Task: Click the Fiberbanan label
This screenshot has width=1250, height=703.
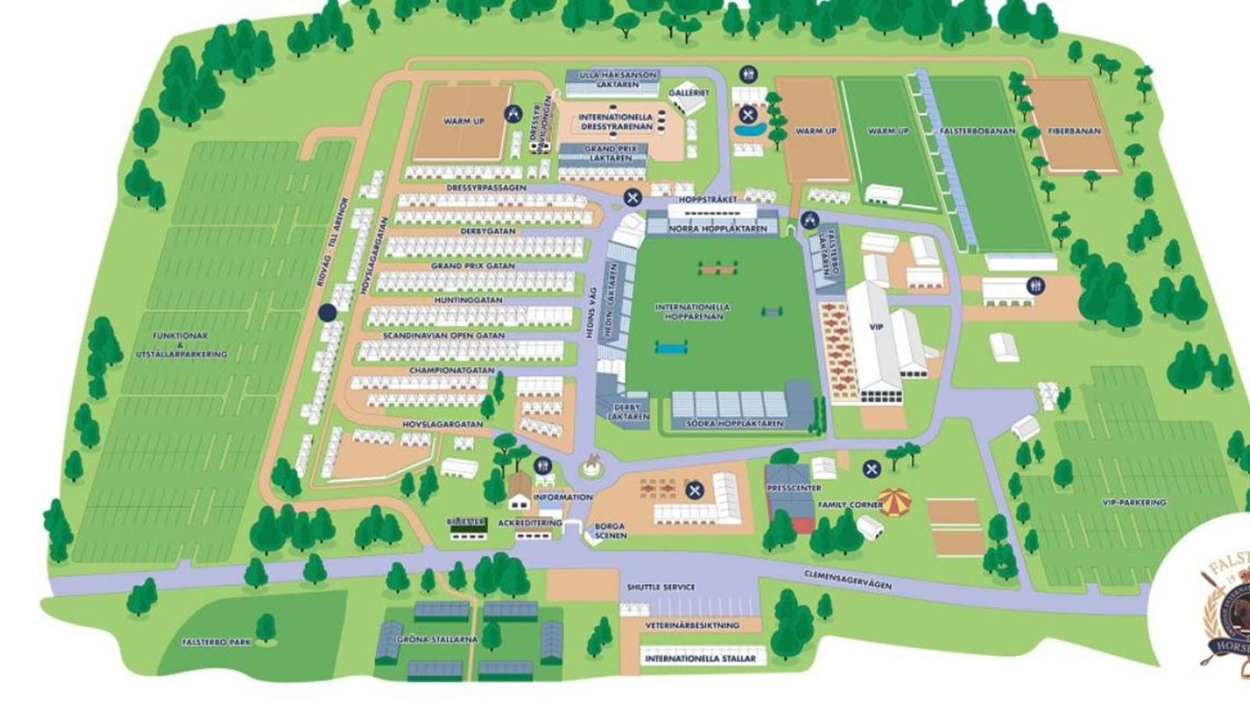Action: click(x=1073, y=131)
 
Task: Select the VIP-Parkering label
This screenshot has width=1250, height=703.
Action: click(x=1133, y=502)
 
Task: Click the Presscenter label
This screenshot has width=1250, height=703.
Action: click(x=794, y=488)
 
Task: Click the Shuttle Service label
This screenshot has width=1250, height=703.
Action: click(x=661, y=587)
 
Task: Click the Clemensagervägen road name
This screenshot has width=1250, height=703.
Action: click(x=848, y=579)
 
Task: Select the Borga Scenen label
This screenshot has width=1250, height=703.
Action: click(x=610, y=531)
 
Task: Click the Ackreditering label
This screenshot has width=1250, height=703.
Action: click(x=530, y=523)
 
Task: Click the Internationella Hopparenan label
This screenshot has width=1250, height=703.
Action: click(x=692, y=312)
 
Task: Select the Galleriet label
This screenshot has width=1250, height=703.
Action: click(x=688, y=92)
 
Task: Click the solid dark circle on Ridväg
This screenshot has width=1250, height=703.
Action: click(x=328, y=312)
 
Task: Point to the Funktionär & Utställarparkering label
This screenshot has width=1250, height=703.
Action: click(x=180, y=344)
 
